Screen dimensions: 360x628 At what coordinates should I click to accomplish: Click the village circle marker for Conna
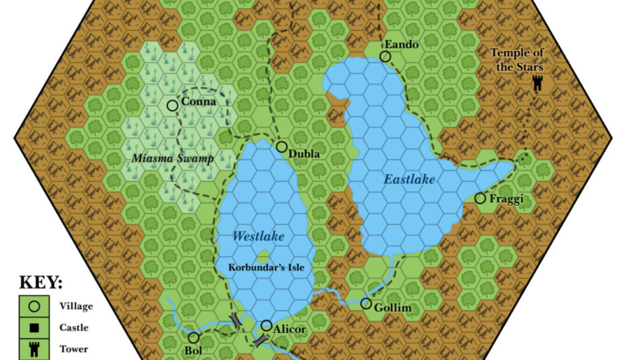click(173, 106)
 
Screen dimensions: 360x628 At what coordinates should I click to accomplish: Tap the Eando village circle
click(385, 57)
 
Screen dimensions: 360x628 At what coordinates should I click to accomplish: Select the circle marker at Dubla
click(282, 147)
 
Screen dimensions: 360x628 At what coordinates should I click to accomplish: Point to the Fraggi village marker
click(480, 198)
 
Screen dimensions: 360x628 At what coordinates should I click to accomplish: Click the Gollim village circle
click(366, 304)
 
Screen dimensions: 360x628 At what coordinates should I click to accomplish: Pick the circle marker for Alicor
click(266, 325)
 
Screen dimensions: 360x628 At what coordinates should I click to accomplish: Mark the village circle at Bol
click(193, 338)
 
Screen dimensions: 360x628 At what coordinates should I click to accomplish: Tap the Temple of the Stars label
click(516, 60)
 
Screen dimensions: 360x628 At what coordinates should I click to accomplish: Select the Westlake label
click(258, 237)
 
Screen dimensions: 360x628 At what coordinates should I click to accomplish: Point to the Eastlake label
click(409, 179)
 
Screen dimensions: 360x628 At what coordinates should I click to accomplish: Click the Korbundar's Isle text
click(266, 267)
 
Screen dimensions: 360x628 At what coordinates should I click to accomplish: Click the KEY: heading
click(41, 284)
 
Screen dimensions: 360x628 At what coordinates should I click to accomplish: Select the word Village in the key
click(76, 306)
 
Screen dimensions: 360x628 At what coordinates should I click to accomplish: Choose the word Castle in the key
click(74, 328)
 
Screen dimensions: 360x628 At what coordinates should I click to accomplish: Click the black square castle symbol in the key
click(35, 328)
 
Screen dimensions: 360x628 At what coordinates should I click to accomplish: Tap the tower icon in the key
click(35, 349)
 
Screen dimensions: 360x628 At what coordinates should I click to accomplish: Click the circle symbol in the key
click(35, 306)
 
